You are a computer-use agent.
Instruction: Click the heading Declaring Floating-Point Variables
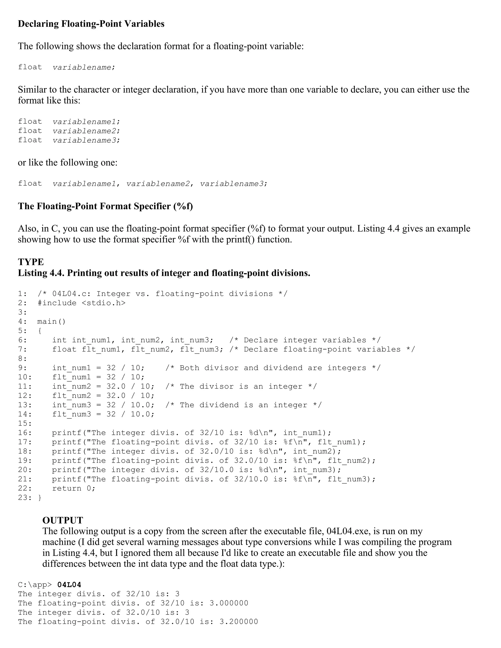tap(91, 24)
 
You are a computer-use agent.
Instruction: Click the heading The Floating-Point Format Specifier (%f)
tap(105, 206)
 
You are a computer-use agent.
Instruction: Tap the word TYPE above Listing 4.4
tap(31, 262)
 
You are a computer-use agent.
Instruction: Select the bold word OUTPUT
tap(63, 520)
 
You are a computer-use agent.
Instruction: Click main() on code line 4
tap(51, 322)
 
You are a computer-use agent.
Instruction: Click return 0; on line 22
tap(74, 488)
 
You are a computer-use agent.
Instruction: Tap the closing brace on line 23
tap(40, 498)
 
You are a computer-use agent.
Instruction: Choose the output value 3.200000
tap(239, 622)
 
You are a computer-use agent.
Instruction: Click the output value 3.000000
tap(229, 603)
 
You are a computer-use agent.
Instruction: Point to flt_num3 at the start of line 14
tap(71, 414)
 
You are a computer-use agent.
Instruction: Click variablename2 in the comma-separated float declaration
tap(158, 184)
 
